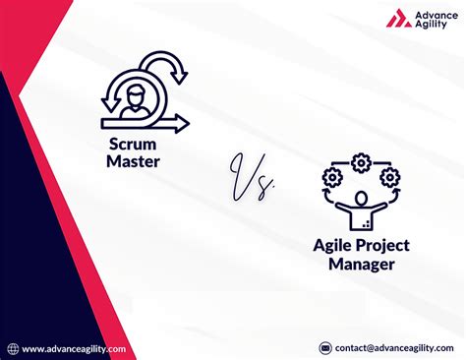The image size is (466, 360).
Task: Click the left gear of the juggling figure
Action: [x=330, y=178]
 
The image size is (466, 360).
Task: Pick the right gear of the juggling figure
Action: [x=390, y=178]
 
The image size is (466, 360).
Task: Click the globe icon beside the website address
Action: [x=13, y=348]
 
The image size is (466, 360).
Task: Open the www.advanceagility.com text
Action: [x=74, y=348]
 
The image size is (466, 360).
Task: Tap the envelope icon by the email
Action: [x=325, y=348]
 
